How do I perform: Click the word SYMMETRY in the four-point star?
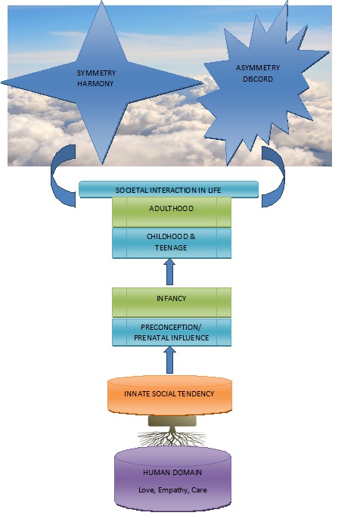tap(96, 73)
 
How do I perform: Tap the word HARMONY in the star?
tap(95, 84)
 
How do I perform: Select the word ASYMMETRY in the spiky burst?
tap(258, 68)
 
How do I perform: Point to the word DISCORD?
tap(258, 79)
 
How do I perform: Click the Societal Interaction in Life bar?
tap(169, 190)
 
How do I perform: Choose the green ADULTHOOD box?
tap(172, 213)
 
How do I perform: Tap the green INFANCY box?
tap(172, 303)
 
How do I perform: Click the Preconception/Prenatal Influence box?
tap(172, 332)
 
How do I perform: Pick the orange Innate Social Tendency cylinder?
tap(169, 396)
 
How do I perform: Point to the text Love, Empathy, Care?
tap(172, 490)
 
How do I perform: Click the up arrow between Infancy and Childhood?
tap(169, 272)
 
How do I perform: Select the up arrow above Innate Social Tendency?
tap(169, 360)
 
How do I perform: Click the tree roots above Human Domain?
tap(172, 437)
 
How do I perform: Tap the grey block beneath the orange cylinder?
tap(172, 421)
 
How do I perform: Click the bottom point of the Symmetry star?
tap(102, 163)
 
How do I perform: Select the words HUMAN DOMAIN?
tap(172, 473)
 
